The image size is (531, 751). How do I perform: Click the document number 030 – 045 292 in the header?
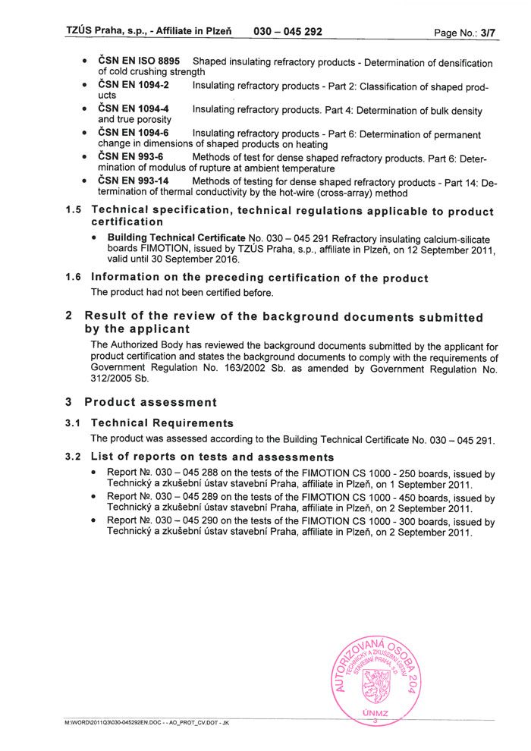tap(288, 32)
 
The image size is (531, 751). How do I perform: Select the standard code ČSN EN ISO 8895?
tap(140, 61)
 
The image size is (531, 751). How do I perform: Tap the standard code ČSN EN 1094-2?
tap(134, 85)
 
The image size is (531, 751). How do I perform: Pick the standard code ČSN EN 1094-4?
tap(134, 109)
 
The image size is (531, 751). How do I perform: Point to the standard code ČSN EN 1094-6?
tap(134, 134)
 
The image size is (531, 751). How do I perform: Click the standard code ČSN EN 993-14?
tap(134, 181)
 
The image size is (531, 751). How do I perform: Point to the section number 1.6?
tap(74, 278)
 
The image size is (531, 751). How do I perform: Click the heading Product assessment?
tap(150, 402)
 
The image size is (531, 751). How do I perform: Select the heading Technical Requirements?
tap(162, 423)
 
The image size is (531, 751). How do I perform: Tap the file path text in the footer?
tap(147, 725)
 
